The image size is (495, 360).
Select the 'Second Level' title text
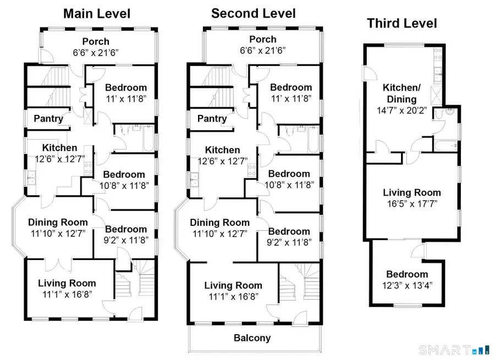[x=254, y=13]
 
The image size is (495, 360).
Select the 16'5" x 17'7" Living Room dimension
[x=412, y=203]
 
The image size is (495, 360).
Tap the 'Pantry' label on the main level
[x=48, y=118]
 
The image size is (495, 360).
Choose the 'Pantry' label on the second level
[x=212, y=118]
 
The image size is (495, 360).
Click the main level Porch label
[x=96, y=41]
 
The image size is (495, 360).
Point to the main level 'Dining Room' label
[x=58, y=223]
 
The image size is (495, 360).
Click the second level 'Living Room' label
[x=233, y=285]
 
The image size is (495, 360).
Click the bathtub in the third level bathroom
[x=445, y=146]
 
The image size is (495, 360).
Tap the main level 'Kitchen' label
[x=60, y=148]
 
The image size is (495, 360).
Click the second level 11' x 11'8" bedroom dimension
[x=291, y=98]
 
